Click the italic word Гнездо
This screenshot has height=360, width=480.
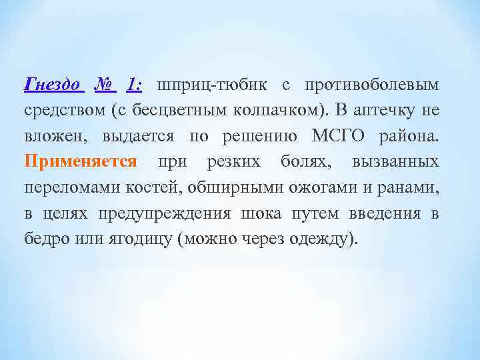[53, 85]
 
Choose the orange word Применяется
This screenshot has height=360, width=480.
[80, 161]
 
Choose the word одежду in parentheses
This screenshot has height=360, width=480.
[323, 239]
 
